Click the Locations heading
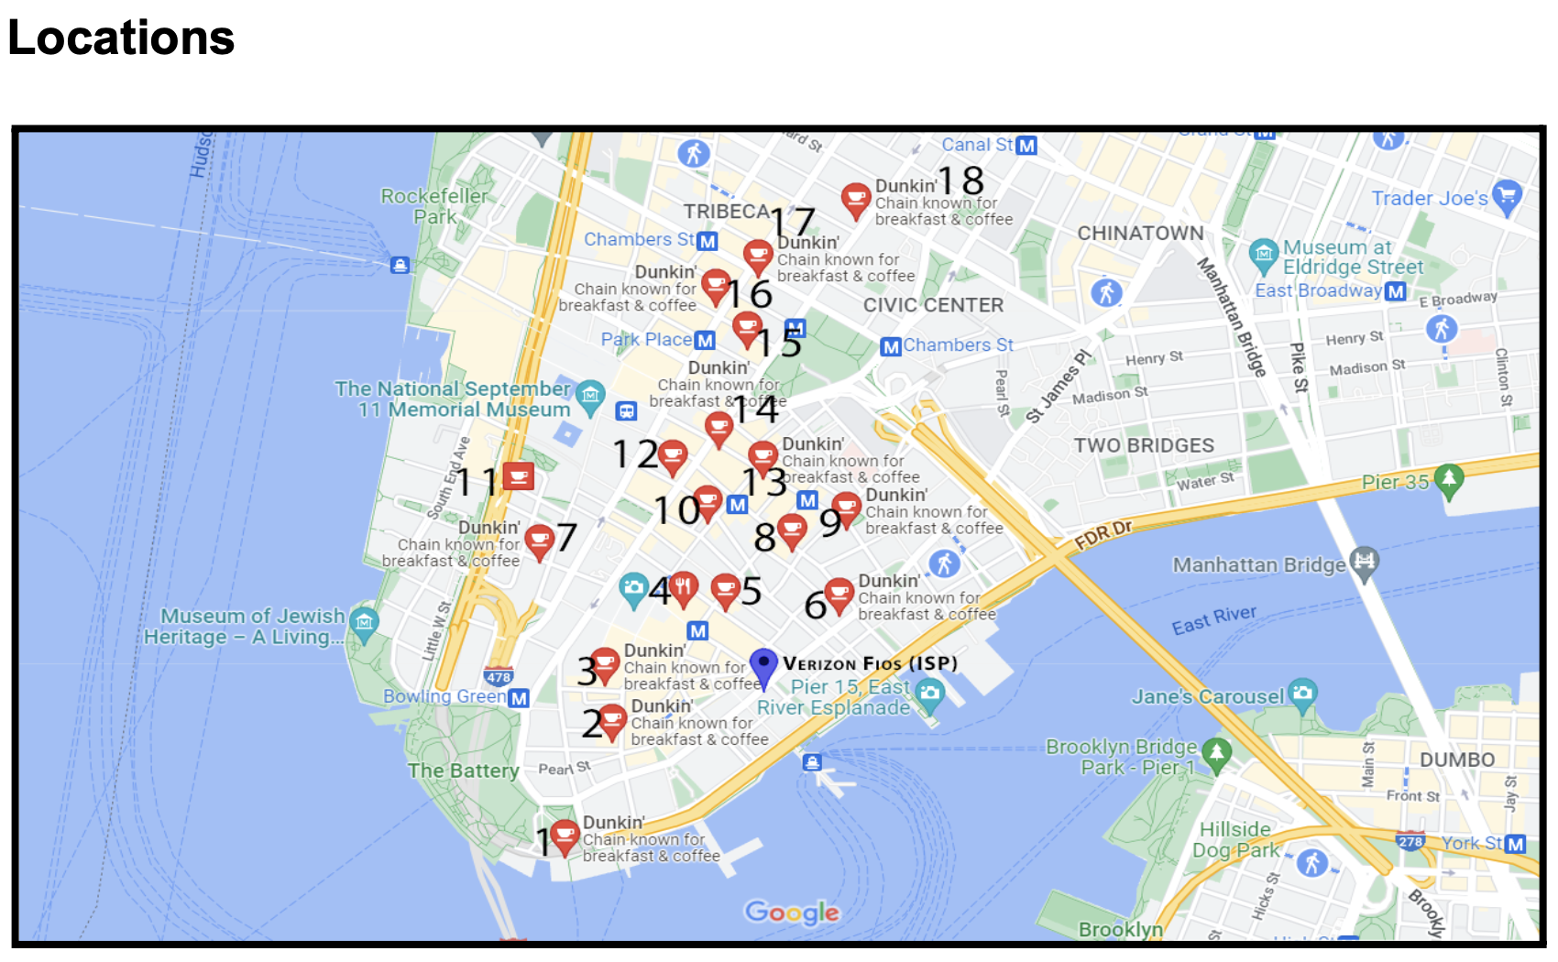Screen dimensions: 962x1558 121,38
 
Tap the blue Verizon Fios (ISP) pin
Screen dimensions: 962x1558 763,666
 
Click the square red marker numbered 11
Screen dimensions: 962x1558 519,476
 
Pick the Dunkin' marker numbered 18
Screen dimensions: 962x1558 855,199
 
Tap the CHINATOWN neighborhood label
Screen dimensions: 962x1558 1140,234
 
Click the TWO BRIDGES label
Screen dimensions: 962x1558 1144,446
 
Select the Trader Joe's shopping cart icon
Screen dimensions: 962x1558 1507,195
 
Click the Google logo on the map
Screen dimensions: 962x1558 792,913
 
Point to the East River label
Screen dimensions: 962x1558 1214,620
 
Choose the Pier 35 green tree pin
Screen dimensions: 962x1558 1449,479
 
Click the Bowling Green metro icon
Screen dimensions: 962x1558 519,698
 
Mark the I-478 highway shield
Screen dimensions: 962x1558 499,678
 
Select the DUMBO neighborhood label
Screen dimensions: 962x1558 1456,760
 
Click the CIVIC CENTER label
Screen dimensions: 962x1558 933,306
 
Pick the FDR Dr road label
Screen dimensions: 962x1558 1103,534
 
